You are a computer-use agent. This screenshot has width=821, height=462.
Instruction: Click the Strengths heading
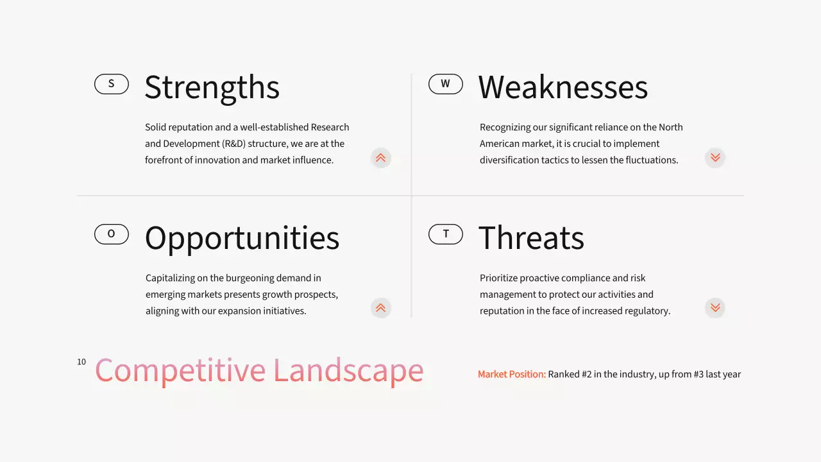(x=212, y=88)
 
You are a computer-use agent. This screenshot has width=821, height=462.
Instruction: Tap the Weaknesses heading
(x=563, y=88)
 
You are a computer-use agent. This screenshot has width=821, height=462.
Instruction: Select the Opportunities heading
(x=242, y=239)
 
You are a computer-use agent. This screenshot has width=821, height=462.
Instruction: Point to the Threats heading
(x=531, y=238)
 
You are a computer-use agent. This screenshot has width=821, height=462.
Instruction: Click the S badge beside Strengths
(x=112, y=84)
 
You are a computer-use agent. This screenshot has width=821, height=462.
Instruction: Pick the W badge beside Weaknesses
(x=445, y=84)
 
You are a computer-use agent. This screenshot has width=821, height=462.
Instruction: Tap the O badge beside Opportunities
(x=112, y=234)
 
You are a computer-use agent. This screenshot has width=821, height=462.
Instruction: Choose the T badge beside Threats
(x=445, y=234)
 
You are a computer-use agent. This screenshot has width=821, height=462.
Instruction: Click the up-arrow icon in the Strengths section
(x=380, y=158)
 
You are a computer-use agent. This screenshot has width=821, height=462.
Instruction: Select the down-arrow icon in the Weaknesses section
(x=715, y=158)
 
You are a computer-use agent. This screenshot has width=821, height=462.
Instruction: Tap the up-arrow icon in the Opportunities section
(x=380, y=309)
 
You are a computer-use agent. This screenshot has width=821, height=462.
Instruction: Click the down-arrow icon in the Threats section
(x=715, y=309)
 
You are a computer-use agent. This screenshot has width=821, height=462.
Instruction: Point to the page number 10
(x=81, y=362)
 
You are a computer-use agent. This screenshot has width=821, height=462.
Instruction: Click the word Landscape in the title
(x=348, y=371)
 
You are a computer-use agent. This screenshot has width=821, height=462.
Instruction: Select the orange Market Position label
(x=511, y=374)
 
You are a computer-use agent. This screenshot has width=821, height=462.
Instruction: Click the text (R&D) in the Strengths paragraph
(x=226, y=144)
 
